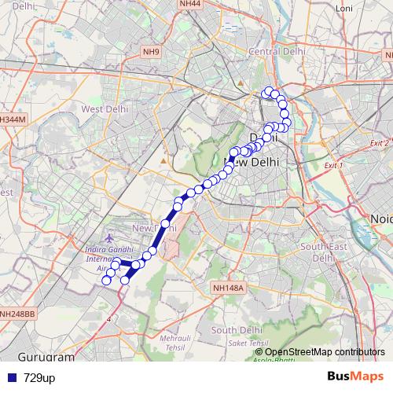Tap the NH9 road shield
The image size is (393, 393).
(152, 53)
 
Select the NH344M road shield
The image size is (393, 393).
(13, 119)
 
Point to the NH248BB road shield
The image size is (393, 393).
(17, 314)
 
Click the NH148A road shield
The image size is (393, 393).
(229, 288)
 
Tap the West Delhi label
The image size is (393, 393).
(105, 109)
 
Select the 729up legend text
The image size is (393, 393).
(39, 378)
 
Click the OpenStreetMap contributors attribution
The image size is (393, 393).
(325, 351)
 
